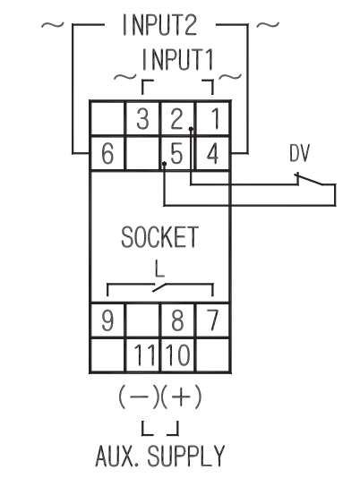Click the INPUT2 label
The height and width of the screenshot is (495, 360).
click(159, 25)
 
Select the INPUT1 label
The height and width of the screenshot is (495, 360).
click(178, 59)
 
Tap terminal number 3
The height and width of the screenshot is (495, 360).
click(142, 119)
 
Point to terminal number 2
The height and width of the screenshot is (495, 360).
click(176, 119)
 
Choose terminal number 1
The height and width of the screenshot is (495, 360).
click(215, 119)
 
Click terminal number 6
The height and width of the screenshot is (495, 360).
click(107, 153)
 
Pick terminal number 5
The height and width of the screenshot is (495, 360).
click(176, 154)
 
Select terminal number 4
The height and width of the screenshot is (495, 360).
click(212, 154)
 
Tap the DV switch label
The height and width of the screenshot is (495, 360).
click(300, 153)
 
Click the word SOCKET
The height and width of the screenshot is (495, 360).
click(159, 237)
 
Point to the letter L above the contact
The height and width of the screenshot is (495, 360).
click(159, 269)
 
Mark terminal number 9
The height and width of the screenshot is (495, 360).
click(107, 320)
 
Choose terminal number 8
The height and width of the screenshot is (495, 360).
click(177, 320)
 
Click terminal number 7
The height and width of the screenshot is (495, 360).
click(212, 320)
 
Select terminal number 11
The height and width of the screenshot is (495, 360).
click(145, 354)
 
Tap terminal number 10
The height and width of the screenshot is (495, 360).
click(178, 354)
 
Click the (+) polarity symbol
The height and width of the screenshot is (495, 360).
click(181, 397)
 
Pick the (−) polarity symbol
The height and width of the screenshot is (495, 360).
click(139, 397)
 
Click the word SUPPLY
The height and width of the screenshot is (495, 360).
click(185, 456)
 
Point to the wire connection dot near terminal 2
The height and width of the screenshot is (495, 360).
click(191, 129)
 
